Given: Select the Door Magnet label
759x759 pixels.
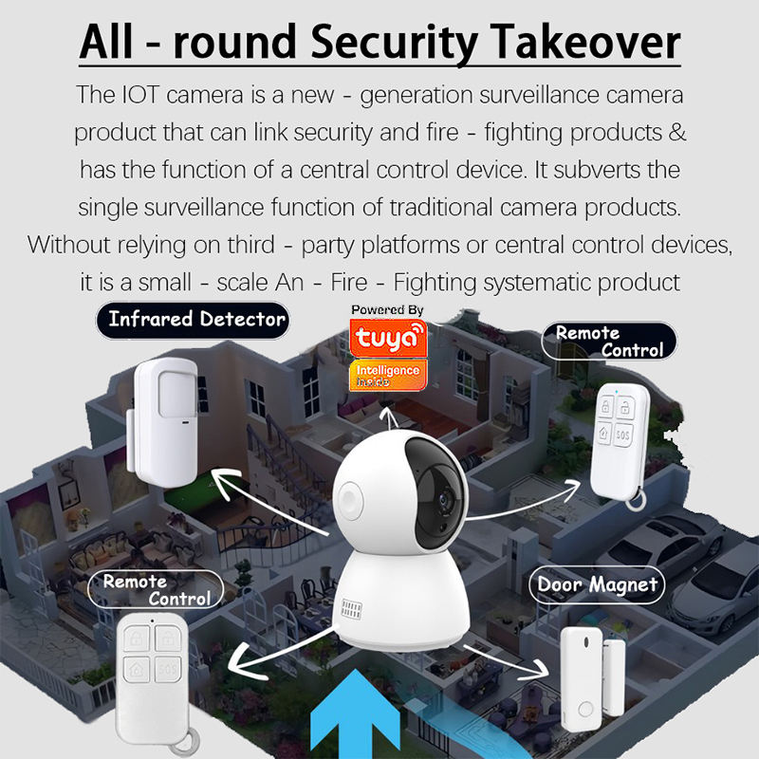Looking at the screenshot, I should click(598, 584).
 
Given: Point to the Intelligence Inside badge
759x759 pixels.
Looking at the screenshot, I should click(386, 373).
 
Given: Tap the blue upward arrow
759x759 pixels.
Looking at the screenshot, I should click(358, 716).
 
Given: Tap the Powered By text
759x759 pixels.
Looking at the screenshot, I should click(387, 310).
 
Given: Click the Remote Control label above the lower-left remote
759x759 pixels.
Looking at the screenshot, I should click(156, 589).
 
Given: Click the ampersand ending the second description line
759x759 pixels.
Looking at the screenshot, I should click(676, 132).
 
